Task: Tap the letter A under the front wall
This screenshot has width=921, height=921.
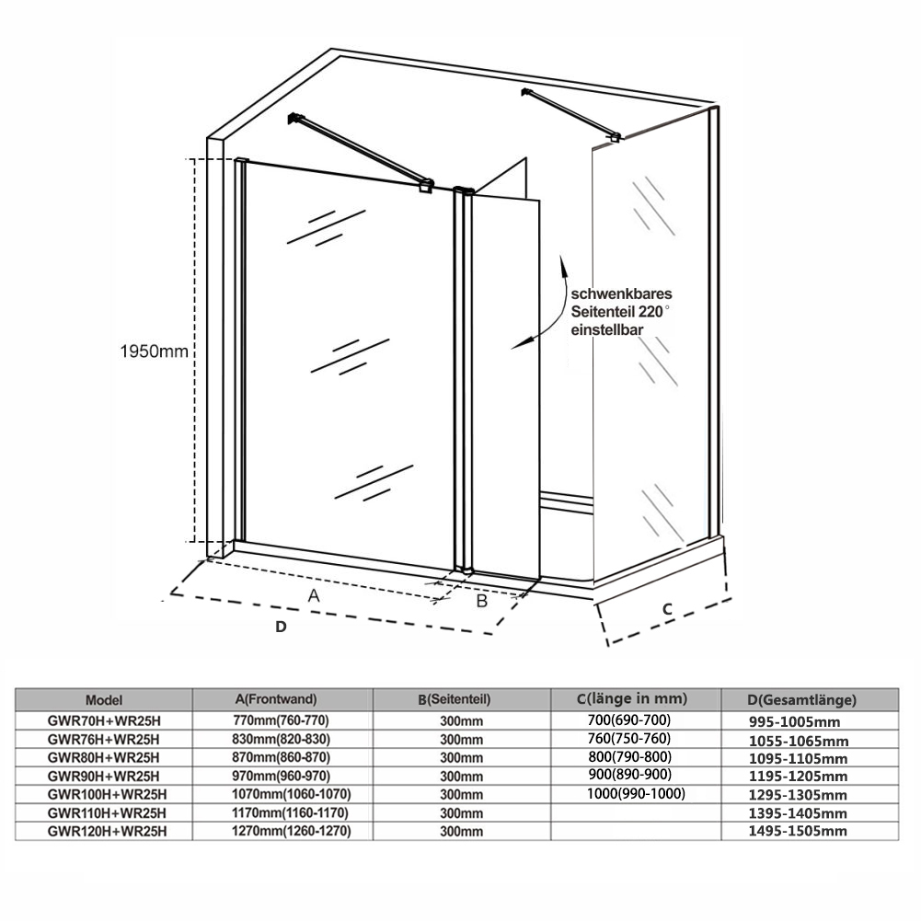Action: click(314, 595)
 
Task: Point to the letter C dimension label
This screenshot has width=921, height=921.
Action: click(668, 608)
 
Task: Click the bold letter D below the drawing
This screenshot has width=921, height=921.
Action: click(282, 627)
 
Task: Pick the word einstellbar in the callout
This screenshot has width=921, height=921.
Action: click(606, 328)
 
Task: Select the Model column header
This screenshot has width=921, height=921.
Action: click(103, 699)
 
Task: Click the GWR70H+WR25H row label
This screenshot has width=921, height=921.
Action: click(103, 720)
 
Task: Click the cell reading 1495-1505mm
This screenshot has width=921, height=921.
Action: click(798, 832)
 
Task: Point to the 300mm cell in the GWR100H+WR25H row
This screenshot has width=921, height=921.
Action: click(462, 794)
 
